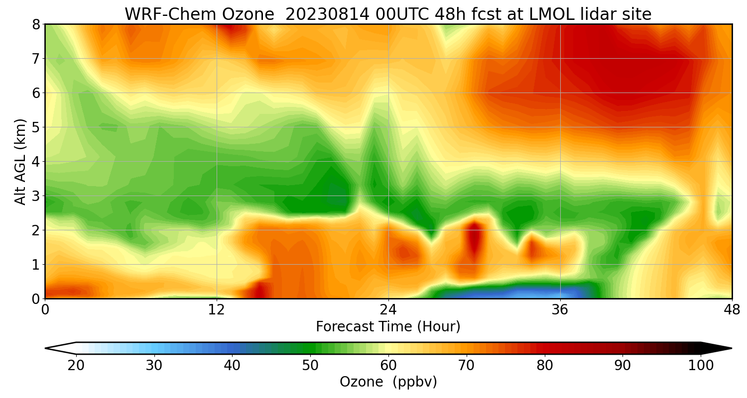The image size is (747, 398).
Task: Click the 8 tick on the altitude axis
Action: click(x=36, y=24)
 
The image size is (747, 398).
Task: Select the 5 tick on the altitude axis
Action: click(x=36, y=127)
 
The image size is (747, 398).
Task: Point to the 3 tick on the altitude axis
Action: click(x=36, y=196)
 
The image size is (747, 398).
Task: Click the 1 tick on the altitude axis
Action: click(x=36, y=265)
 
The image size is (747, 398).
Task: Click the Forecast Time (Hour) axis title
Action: click(x=388, y=327)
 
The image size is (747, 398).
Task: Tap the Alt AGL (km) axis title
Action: click(x=20, y=161)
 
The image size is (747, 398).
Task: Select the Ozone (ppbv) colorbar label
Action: click(x=388, y=382)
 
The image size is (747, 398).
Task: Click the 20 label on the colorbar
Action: click(x=76, y=366)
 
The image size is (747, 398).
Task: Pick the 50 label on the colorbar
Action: click(x=310, y=366)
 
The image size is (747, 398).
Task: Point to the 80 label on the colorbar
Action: click(x=545, y=366)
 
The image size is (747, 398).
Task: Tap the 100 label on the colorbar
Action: click(x=701, y=366)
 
